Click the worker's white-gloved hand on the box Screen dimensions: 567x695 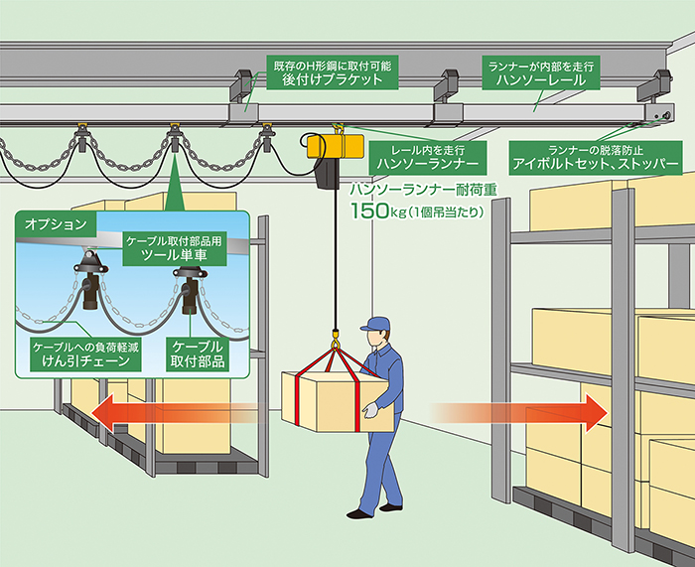point(369,407)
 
